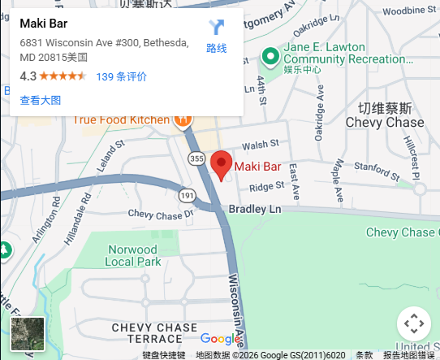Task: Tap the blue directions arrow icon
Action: pyautogui.click(x=216, y=28)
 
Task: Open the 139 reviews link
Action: pyautogui.click(x=122, y=76)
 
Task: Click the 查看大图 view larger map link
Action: pyautogui.click(x=40, y=101)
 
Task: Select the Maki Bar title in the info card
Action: pyautogui.click(x=44, y=24)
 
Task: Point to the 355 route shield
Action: pyautogui.click(x=195, y=158)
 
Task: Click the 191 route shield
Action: pyautogui.click(x=188, y=196)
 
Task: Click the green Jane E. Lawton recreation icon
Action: pyautogui.click(x=270, y=55)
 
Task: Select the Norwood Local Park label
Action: pyautogui.click(x=132, y=255)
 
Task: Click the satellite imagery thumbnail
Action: pyautogui.click(x=28, y=334)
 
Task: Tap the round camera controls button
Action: pyautogui.click(x=413, y=323)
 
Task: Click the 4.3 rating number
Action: pyautogui.click(x=28, y=76)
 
